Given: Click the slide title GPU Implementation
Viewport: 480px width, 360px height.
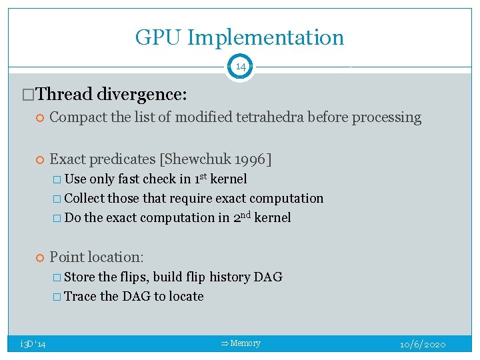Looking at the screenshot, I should tap(239, 37).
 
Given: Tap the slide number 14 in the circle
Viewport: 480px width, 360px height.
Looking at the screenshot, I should tap(239, 67).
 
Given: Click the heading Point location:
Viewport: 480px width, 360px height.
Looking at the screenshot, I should tap(97, 257).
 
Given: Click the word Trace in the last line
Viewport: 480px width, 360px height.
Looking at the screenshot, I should tap(80, 296).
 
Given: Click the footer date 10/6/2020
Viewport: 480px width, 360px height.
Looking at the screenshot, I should tap(423, 344).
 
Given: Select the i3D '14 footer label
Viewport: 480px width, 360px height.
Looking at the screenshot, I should tap(33, 344).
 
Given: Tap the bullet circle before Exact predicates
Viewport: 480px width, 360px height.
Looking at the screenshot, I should tap(39, 160).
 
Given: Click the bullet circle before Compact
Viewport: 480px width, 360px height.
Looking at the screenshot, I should tap(39, 118).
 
